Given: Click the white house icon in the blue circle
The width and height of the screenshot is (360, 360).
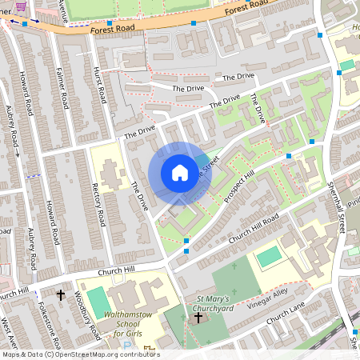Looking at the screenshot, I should pos(180,173).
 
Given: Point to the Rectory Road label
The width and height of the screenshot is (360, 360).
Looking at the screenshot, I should pos(98,203).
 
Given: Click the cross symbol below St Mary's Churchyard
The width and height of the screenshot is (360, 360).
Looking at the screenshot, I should pos(198,318).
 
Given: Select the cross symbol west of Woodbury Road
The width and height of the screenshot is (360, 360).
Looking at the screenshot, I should pos(60,295).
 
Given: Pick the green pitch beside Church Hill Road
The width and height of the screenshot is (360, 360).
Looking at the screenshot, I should pos(270,257).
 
